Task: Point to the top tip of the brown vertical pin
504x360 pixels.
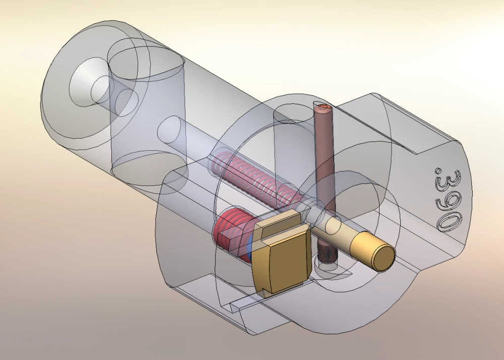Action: point(322,107)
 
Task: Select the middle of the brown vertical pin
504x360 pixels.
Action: point(325,166)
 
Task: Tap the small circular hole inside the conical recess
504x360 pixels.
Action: point(98,90)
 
